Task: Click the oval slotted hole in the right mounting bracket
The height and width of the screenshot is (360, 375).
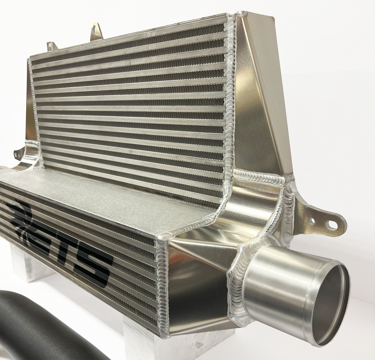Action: [x=331, y=225]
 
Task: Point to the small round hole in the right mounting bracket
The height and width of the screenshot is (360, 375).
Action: [x=311, y=221]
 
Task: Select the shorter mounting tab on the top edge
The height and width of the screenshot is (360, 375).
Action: [x=52, y=46]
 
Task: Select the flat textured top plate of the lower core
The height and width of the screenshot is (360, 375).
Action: [x=102, y=198]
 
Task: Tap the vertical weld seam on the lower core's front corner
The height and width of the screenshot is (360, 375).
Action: [x=163, y=283]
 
